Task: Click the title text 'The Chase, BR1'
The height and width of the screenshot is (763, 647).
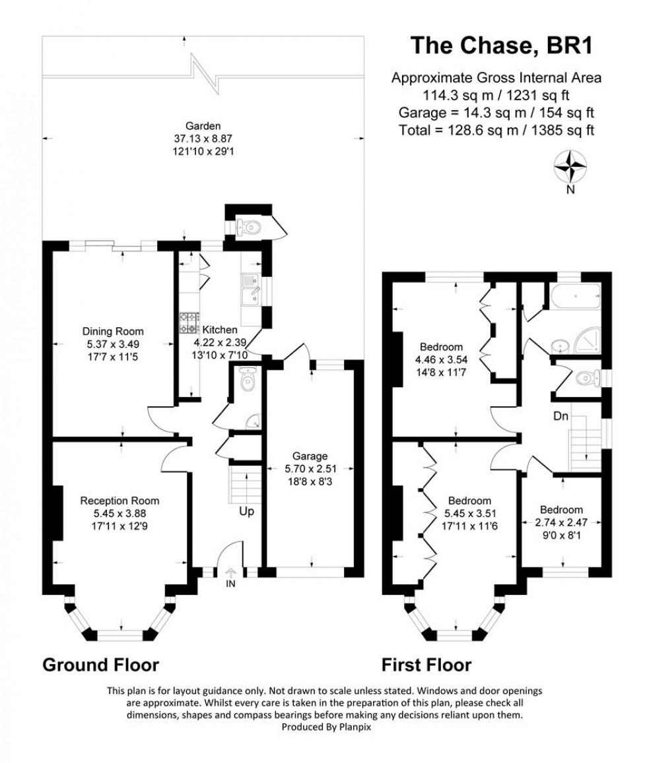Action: pyautogui.click(x=501, y=46)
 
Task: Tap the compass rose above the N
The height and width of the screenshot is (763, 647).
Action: pyautogui.click(x=570, y=166)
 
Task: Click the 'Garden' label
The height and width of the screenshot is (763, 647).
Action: pyautogui.click(x=203, y=126)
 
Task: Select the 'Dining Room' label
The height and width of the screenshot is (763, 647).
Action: pyautogui.click(x=113, y=331)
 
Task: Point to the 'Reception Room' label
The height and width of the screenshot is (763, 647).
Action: pyautogui.click(x=119, y=501)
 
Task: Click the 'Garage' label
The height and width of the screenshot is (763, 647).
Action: pyautogui.click(x=310, y=456)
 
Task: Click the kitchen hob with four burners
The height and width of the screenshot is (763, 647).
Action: pyautogui.click(x=189, y=322)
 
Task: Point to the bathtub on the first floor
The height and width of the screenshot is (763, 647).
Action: pyautogui.click(x=576, y=295)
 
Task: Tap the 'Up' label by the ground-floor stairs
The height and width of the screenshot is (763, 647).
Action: pyautogui.click(x=247, y=511)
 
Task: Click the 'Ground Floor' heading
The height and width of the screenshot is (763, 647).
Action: pyautogui.click(x=100, y=664)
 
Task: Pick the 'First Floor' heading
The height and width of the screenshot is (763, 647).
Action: pyautogui.click(x=426, y=664)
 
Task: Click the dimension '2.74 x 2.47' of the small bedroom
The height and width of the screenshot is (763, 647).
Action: pyautogui.click(x=562, y=522)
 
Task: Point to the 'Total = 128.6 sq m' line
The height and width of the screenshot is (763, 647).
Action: pyautogui.click(x=496, y=131)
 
